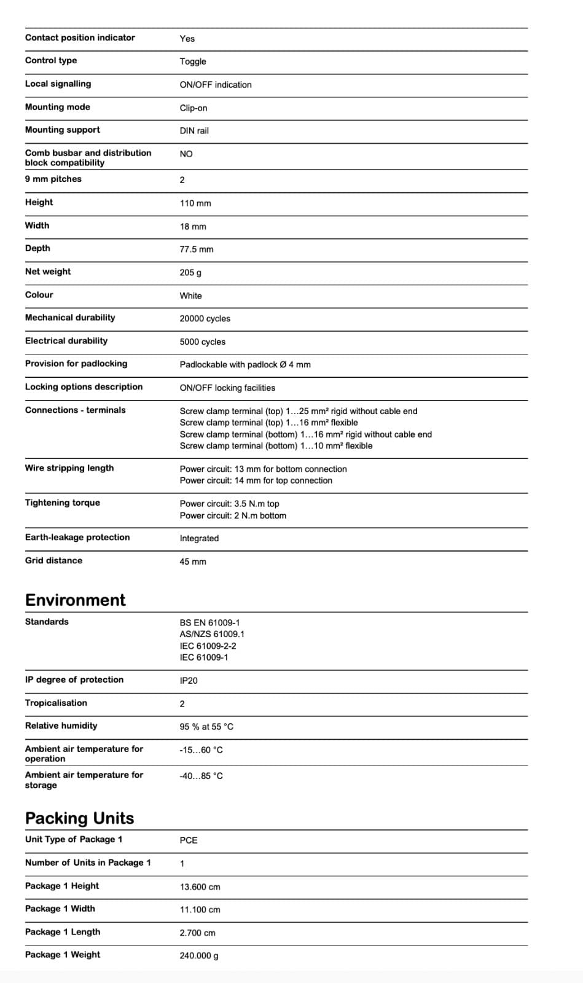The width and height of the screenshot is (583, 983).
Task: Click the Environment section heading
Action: point(75,600)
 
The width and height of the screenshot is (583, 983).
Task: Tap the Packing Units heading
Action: point(79,818)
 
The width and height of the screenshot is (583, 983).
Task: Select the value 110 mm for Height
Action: point(195,203)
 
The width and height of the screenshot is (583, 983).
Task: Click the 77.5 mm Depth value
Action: point(197,249)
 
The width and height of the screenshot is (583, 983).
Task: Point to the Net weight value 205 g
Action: point(190,273)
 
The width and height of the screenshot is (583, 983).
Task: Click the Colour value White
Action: point(190,296)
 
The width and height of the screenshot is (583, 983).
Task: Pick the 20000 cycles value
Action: point(205,319)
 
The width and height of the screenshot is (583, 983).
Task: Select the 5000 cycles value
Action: point(202,342)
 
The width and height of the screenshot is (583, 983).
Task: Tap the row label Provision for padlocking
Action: point(76,364)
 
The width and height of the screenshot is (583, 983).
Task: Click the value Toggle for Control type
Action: point(193,61)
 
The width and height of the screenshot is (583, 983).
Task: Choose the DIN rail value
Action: point(194,131)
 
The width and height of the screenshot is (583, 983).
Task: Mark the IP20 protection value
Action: point(189,681)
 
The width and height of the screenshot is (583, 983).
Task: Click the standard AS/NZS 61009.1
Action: point(212,634)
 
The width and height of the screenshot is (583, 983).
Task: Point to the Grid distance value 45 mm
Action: point(193,562)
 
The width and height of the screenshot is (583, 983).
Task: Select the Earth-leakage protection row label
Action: point(77,538)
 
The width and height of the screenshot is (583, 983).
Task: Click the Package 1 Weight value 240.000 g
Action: point(199,956)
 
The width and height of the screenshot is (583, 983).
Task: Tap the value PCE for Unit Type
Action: point(189,840)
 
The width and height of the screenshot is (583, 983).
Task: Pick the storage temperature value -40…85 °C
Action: point(201,776)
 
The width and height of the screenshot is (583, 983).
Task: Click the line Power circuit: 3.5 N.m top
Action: point(229,504)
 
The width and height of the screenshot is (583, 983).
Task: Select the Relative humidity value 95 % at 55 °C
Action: point(206,727)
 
